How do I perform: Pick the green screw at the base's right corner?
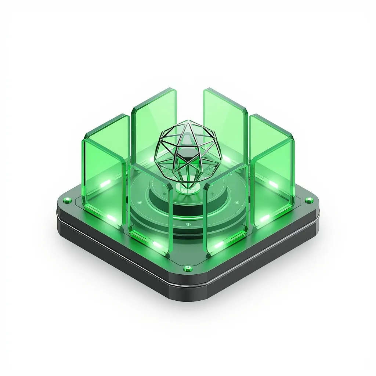[x=308, y=200]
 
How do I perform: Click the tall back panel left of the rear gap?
[x=154, y=117]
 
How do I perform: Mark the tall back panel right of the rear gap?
[x=223, y=117]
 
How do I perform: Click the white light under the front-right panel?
[x=219, y=245]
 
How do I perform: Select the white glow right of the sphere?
[x=227, y=160]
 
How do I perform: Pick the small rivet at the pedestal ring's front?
[x=188, y=225]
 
